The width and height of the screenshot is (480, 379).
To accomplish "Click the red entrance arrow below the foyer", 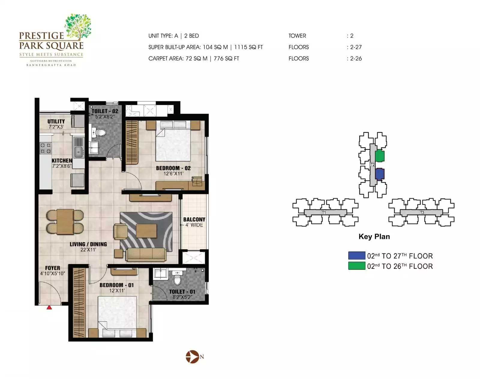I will tap(49, 307).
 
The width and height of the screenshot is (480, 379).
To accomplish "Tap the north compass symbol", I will tap(192, 357).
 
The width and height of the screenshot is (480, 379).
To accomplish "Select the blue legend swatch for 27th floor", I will tap(356, 256).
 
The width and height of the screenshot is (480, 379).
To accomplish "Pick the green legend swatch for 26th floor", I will tap(356, 266).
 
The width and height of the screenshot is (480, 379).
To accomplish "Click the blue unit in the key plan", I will tap(380, 174).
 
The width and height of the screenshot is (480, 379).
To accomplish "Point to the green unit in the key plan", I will tap(380, 156).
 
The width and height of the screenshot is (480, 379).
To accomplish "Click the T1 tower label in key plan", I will tap(324, 212).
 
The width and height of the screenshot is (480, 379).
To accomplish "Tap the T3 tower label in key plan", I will tap(422, 212).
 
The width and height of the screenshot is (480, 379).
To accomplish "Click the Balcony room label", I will tap(194, 220).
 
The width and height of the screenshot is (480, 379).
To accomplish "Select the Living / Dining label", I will tap(88, 244).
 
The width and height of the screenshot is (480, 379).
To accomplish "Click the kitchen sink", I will tap(79, 152).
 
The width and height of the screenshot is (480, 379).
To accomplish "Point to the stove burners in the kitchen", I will tap(46, 148).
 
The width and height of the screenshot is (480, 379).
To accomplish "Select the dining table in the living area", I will tap(65, 222).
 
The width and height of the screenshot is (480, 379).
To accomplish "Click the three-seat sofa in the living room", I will tap(146, 254).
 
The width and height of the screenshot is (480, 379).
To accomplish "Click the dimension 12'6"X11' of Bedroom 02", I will tap(173, 174).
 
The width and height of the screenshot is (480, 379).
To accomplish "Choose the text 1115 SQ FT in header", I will tap(248, 47).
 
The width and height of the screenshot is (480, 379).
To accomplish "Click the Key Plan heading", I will tap(374, 236).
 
